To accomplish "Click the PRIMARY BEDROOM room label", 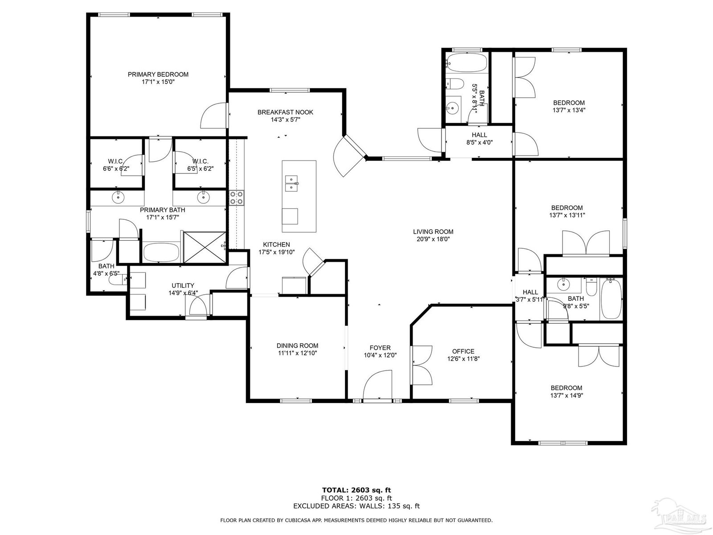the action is tap(158, 74).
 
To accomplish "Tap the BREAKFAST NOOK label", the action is tap(285, 112).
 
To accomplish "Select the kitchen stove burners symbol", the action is tap(237, 198).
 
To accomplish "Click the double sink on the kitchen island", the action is tap(291, 184).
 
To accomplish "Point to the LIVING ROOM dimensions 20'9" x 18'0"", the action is tap(433, 239).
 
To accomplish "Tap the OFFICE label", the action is tap(463, 351).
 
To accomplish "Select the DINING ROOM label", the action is tap(297, 346).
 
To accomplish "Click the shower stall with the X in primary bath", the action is tap(205, 247).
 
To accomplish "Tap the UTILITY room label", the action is tap(183, 285).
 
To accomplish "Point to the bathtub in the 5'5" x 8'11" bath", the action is tap(467, 63).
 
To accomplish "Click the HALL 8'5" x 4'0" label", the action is tap(479, 138).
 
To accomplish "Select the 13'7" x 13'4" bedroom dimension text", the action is tap(569, 110).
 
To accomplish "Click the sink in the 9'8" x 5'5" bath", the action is tap(562, 285).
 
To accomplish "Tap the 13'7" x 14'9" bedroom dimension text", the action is tap(567, 395).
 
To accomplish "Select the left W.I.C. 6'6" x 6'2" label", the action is tap(115, 165).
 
